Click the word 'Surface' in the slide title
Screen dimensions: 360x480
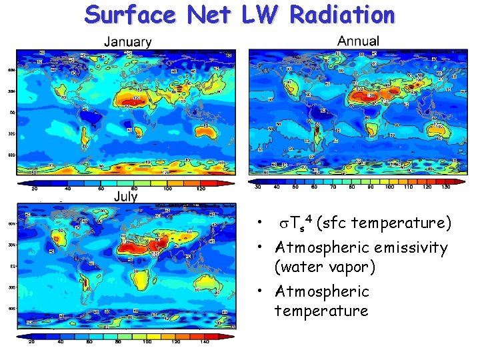coord(131,14)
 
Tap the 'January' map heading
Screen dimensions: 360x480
coord(128,41)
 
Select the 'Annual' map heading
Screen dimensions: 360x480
coord(358,41)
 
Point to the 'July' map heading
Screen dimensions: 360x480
coord(126,196)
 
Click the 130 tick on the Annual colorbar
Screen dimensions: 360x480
coord(445,187)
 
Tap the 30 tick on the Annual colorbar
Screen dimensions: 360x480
coord(257,187)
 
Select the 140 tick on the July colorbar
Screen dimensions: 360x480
coord(205,342)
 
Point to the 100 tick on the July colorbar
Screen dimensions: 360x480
coord(147,342)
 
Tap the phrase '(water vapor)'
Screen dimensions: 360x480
coord(325,267)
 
